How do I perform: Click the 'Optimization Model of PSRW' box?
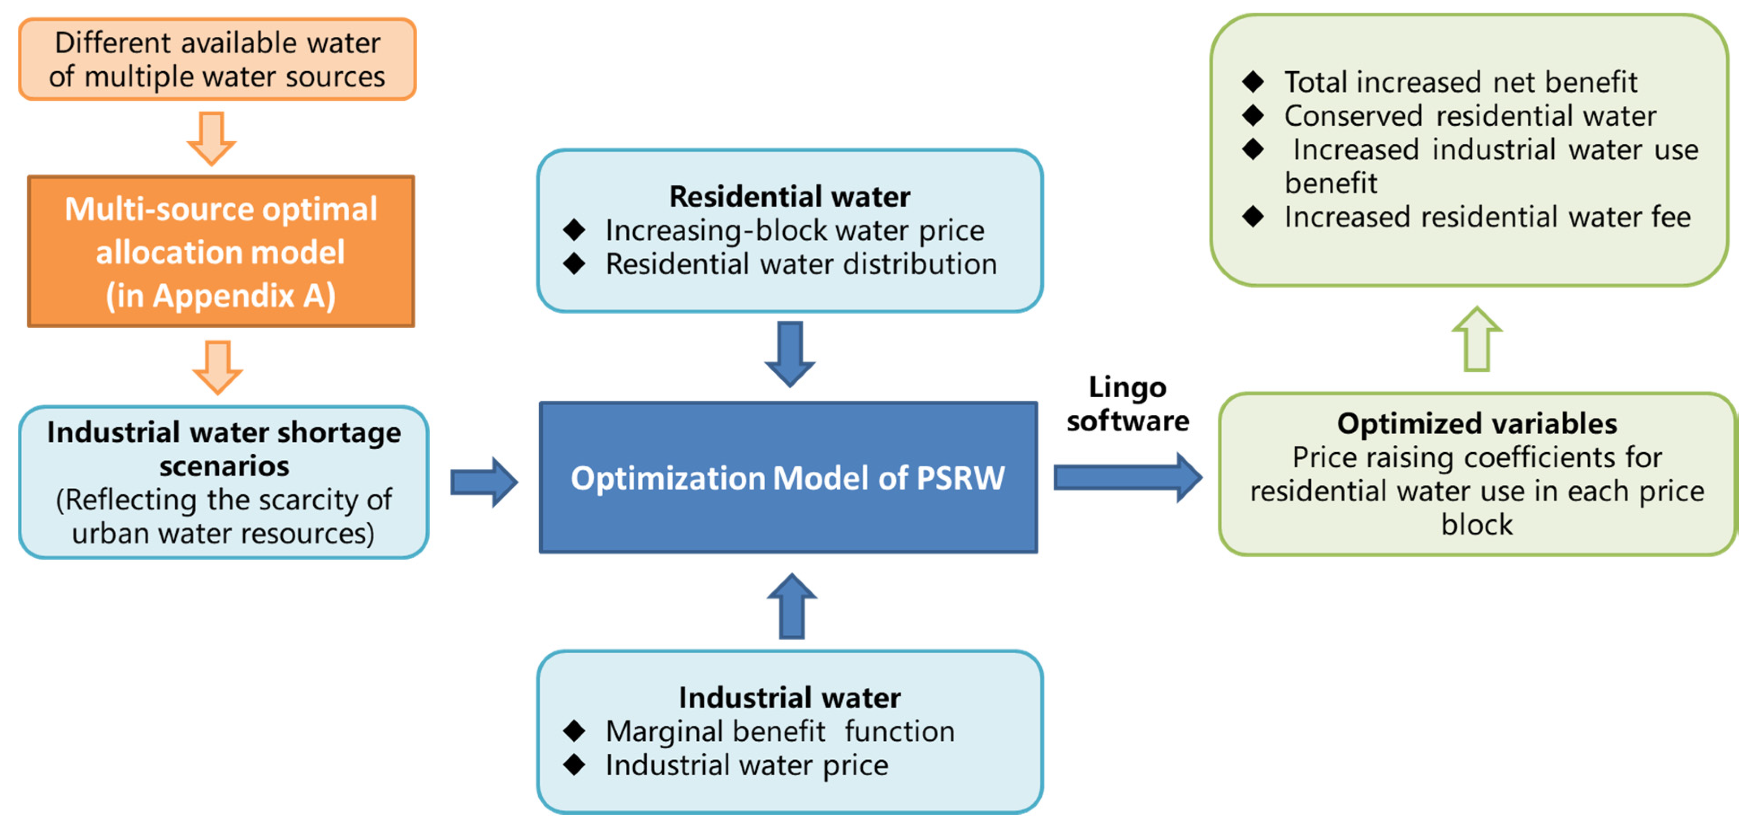(788, 478)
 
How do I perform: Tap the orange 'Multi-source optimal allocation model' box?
(221, 252)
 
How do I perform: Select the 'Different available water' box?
(217, 59)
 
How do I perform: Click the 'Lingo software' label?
(1128, 404)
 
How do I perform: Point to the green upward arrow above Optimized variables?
(1477, 339)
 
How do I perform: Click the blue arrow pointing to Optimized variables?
(1128, 478)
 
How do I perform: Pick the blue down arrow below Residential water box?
(790, 354)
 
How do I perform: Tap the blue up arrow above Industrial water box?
(792, 605)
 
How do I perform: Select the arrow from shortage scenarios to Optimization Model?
(484, 482)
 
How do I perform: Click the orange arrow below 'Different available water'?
(212, 139)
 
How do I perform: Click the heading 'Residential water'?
(790, 196)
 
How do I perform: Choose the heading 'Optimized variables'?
(1477, 423)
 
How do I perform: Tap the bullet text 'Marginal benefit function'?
(780, 731)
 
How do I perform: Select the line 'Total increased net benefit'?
(1461, 82)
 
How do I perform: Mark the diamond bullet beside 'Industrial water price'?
(575, 764)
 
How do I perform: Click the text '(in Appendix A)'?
(221, 296)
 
